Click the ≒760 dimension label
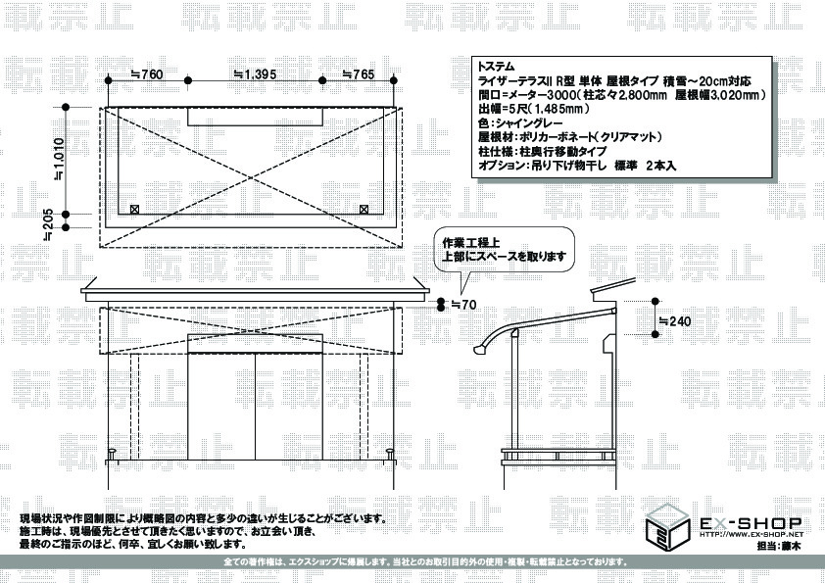pyautogui.click(x=146, y=74)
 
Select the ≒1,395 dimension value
pyautogui.click(x=255, y=74)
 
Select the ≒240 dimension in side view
pyautogui.click(x=673, y=321)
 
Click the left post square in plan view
pyautogui.click(x=134, y=209)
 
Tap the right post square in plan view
pyautogui.click(x=364, y=209)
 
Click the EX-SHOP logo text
pyautogui.click(x=750, y=523)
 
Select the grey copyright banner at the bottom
pyautogui.click(x=412, y=562)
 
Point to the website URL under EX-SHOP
pyautogui.click(x=750, y=535)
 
